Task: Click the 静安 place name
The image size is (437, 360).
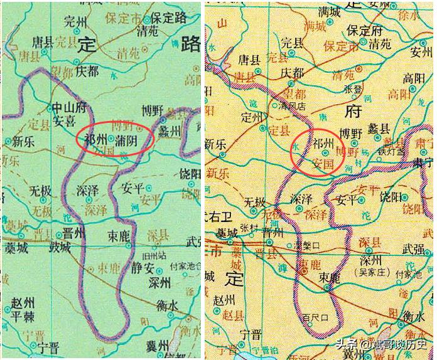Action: coord(142,268)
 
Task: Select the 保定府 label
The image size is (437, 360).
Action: coord(365,30)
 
